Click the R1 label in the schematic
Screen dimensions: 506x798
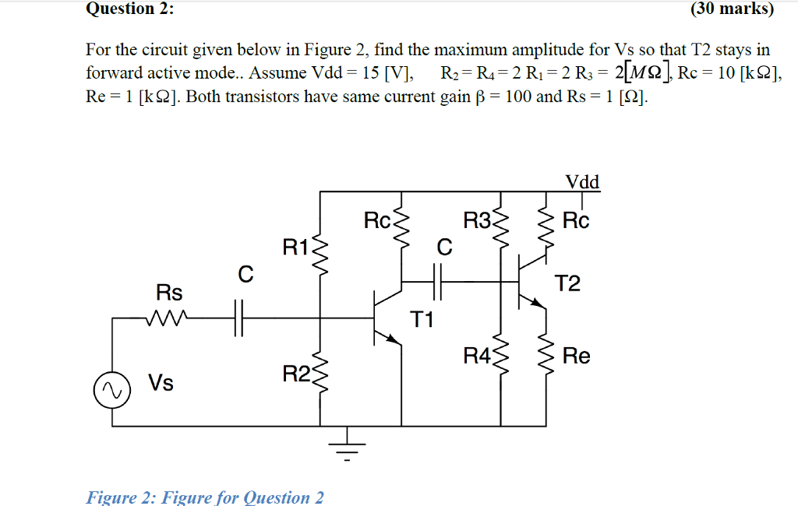(296, 248)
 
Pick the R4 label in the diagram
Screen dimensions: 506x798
(477, 357)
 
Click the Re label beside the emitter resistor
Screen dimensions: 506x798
(577, 357)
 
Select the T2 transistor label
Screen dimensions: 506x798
(568, 283)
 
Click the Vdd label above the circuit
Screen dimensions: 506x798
(582, 182)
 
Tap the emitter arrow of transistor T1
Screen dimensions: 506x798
(394, 339)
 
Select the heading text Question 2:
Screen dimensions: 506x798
(130, 9)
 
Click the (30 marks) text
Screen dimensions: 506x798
(732, 9)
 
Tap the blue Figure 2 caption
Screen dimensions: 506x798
(205, 497)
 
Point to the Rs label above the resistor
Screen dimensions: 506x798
(169, 293)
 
